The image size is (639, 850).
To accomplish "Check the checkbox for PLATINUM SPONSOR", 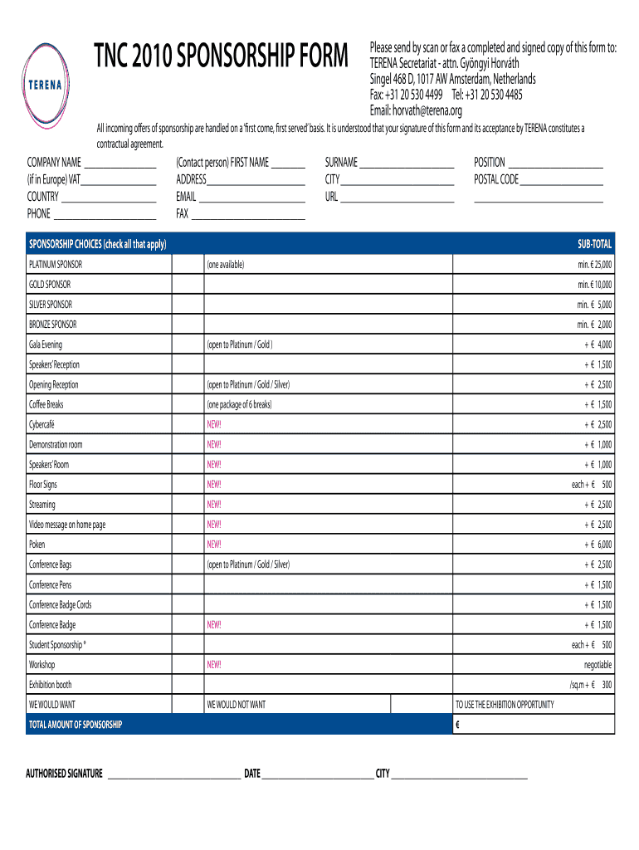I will [x=188, y=264].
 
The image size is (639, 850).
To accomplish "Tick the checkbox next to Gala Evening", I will [x=188, y=344].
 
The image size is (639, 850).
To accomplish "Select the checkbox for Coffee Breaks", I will [x=188, y=404].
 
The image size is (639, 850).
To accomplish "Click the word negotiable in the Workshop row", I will [x=598, y=665].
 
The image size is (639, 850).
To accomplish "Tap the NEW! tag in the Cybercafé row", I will [x=214, y=425].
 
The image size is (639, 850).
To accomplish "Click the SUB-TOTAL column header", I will [x=594, y=244].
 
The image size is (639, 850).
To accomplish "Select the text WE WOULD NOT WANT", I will [x=237, y=705].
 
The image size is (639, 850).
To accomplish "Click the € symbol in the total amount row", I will [x=457, y=725].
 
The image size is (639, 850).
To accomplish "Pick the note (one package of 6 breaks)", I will [x=239, y=405].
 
